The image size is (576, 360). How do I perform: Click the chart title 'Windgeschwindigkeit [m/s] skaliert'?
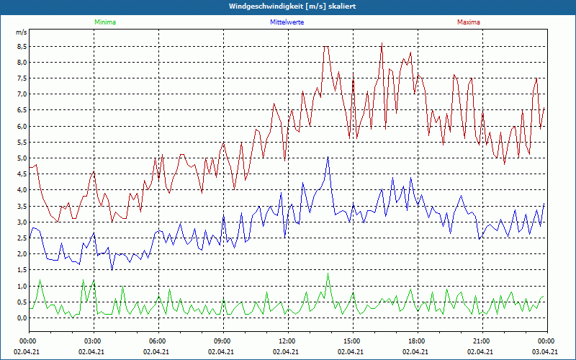tap(288, 6)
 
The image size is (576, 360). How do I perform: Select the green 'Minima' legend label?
tap(104, 22)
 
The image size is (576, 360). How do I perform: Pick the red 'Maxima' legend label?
tap(467, 22)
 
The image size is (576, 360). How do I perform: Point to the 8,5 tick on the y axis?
tap(22, 46)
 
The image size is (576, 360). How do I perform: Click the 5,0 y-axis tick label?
tap(22, 158)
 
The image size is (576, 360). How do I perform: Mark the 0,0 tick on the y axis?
tap(22, 318)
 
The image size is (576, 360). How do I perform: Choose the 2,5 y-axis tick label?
tap(22, 238)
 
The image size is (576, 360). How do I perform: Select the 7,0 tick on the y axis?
tap(22, 94)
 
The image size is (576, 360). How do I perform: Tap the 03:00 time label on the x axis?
tap(93, 341)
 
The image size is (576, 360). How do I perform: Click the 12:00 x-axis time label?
tap(287, 341)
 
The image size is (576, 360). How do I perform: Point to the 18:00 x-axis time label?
tap(417, 341)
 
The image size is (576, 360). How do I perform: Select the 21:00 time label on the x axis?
tap(482, 341)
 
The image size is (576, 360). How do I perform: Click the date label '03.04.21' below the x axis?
tap(546, 352)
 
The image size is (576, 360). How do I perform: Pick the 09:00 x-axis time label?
tap(222, 341)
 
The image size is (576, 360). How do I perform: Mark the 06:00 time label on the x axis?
tap(158, 341)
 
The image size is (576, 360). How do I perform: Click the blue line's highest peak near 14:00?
tap(328, 158)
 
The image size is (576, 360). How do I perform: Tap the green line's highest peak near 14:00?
tap(328, 274)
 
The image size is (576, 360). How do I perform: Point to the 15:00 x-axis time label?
tap(352, 341)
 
